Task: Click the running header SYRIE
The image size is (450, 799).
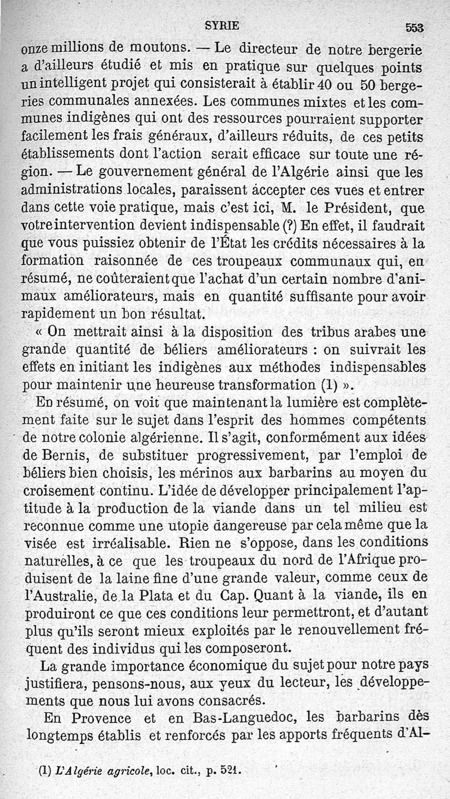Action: click(222, 25)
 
